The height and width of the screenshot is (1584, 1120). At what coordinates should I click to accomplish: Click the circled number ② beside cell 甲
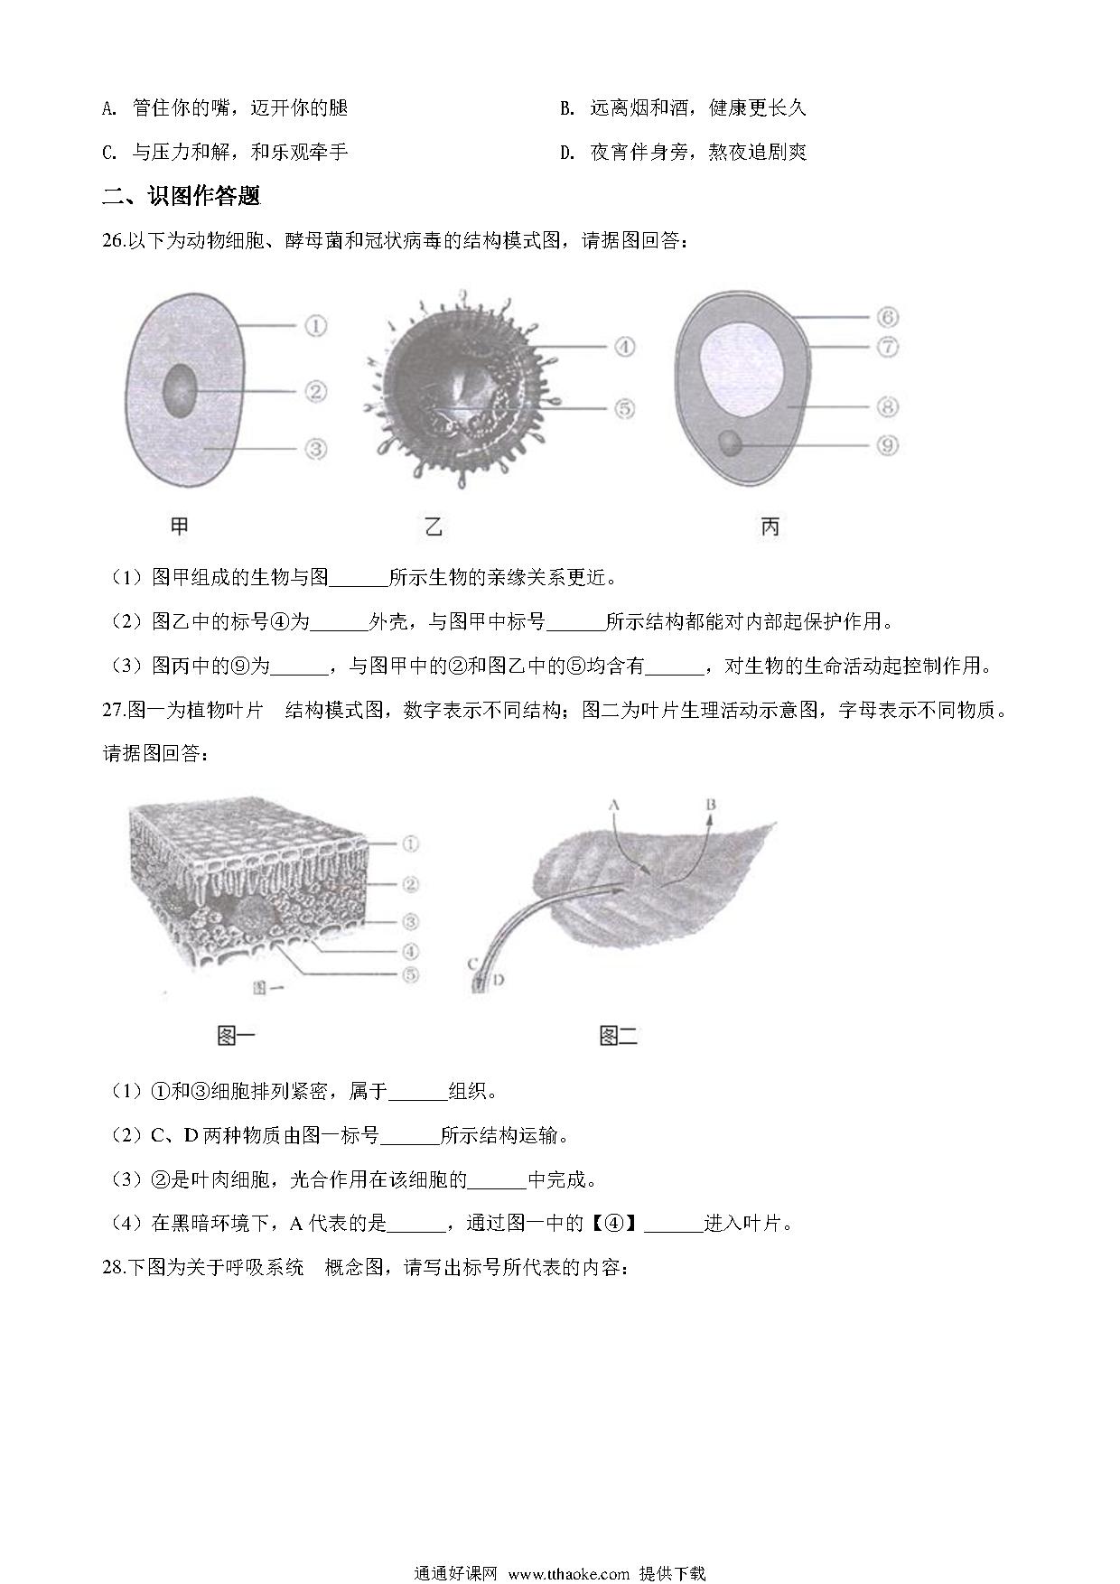pos(315,391)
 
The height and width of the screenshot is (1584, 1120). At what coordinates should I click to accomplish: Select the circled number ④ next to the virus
pos(624,346)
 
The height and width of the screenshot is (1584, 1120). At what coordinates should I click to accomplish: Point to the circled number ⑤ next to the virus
pos(624,408)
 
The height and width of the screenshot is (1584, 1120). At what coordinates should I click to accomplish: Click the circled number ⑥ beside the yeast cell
pos(887,317)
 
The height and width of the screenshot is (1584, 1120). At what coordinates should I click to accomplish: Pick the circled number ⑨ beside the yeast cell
pos(887,444)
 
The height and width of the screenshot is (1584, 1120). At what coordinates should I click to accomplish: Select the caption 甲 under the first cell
pos(179,526)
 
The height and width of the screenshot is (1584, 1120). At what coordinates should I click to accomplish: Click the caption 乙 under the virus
pos(434,526)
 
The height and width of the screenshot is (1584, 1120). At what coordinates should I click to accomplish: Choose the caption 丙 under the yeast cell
pos(770,526)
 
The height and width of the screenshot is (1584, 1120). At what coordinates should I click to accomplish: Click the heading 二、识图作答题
pos(182,195)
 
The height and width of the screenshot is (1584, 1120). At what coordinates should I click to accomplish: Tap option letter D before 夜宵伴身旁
pos(567,153)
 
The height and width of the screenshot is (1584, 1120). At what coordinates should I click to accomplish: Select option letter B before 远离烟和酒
pos(567,108)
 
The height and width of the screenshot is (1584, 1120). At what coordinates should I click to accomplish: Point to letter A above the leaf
pos(613,803)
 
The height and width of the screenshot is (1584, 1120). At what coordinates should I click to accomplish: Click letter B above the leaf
pos(712,803)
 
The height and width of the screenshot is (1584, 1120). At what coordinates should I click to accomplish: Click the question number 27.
pos(115,711)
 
